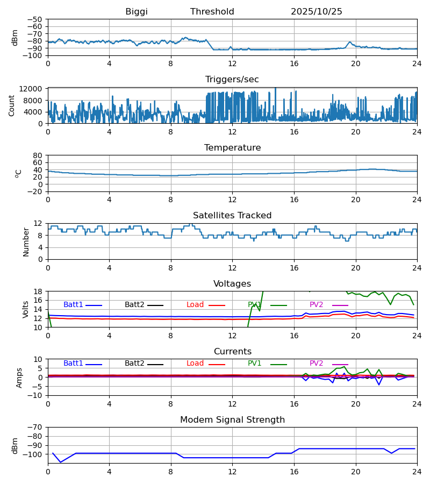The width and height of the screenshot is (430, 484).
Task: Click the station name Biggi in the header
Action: [x=137, y=12]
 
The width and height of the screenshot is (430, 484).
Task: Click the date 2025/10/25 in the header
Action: [x=317, y=12]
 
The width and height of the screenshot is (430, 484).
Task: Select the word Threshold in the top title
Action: [x=212, y=12]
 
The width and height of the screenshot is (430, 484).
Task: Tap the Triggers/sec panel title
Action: [x=232, y=80]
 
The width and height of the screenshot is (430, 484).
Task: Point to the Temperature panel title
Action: [x=232, y=148]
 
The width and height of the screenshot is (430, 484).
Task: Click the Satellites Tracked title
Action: [x=232, y=216]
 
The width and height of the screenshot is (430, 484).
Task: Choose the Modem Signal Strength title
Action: [x=232, y=420]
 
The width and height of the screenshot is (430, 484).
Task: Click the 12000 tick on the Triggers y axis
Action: [x=33, y=89]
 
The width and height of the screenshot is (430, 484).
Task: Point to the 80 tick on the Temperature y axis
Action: [x=38, y=155]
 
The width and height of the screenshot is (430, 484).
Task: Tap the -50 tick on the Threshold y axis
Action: [x=36, y=19]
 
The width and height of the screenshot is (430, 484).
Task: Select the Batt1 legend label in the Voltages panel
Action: [x=73, y=305]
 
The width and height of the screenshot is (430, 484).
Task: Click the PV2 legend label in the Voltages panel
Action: [x=317, y=305]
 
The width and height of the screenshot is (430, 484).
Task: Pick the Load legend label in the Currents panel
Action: [x=195, y=364]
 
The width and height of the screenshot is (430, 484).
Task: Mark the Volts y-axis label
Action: [x=26, y=309]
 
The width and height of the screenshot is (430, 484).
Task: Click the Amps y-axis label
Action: [x=20, y=378]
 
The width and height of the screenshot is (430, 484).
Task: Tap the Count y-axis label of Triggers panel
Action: [x=12, y=105]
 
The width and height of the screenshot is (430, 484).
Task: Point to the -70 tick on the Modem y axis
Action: [x=36, y=428]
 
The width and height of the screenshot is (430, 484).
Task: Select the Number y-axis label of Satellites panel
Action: [x=26, y=241]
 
